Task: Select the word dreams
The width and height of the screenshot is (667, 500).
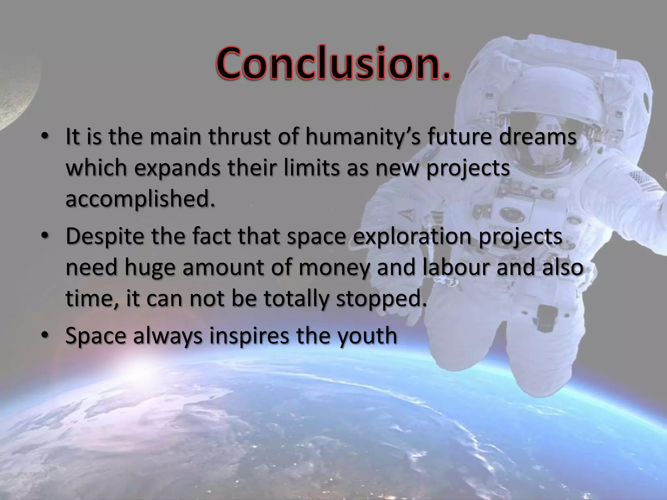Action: tap(538, 136)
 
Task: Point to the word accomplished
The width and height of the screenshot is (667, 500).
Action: tap(140, 199)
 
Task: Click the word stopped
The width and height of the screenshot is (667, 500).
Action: tap(381, 299)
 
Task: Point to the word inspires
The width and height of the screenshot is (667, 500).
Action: tap(249, 336)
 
